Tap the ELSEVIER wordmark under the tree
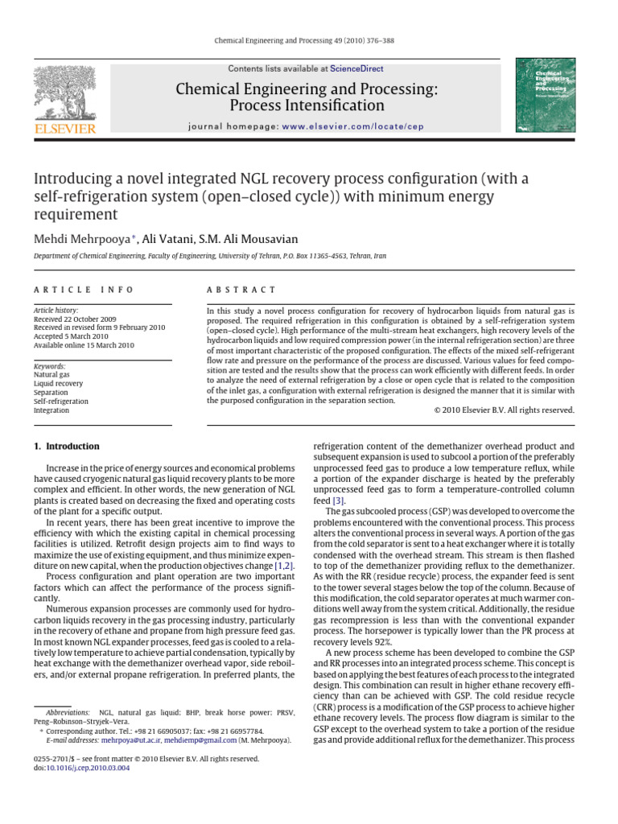tap(64, 128)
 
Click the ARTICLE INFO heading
tap(84, 290)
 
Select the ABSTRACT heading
tap(241, 290)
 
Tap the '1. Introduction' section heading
tap(66, 447)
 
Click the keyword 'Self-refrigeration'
tap(61, 401)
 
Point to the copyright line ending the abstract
tap(499, 410)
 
